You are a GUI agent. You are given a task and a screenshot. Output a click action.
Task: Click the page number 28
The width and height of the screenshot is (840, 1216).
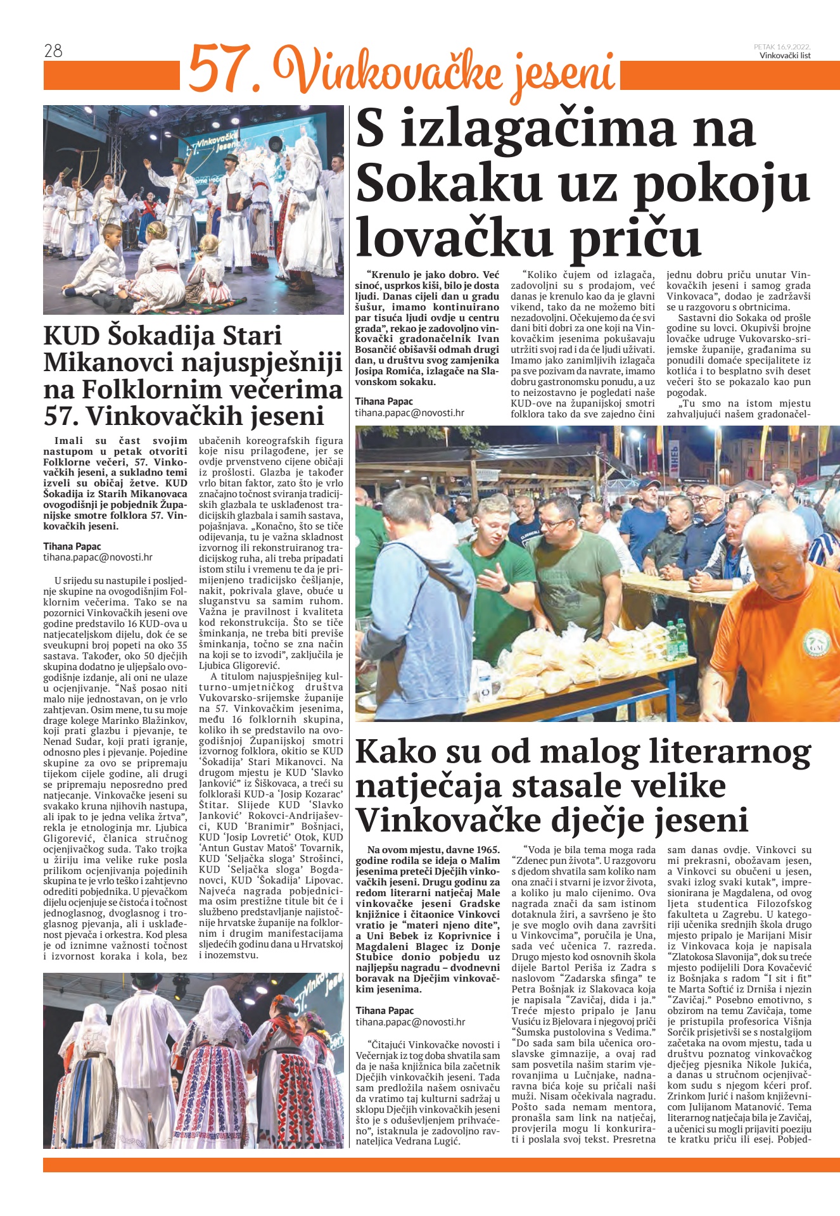(x=53, y=51)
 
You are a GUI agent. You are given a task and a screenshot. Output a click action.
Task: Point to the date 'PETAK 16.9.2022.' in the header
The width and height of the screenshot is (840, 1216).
(x=782, y=46)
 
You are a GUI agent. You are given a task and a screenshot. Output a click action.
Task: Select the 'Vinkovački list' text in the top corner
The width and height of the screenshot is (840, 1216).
(x=785, y=55)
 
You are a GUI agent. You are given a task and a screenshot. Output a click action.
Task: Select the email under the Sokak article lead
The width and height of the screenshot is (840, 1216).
(x=409, y=413)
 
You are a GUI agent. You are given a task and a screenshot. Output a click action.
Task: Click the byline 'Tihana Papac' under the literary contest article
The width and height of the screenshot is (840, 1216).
(x=385, y=1010)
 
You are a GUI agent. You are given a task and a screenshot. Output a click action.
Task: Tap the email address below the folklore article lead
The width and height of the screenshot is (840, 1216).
(x=98, y=557)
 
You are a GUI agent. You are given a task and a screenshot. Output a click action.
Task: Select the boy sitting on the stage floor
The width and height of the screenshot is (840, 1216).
(x=103, y=260)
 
